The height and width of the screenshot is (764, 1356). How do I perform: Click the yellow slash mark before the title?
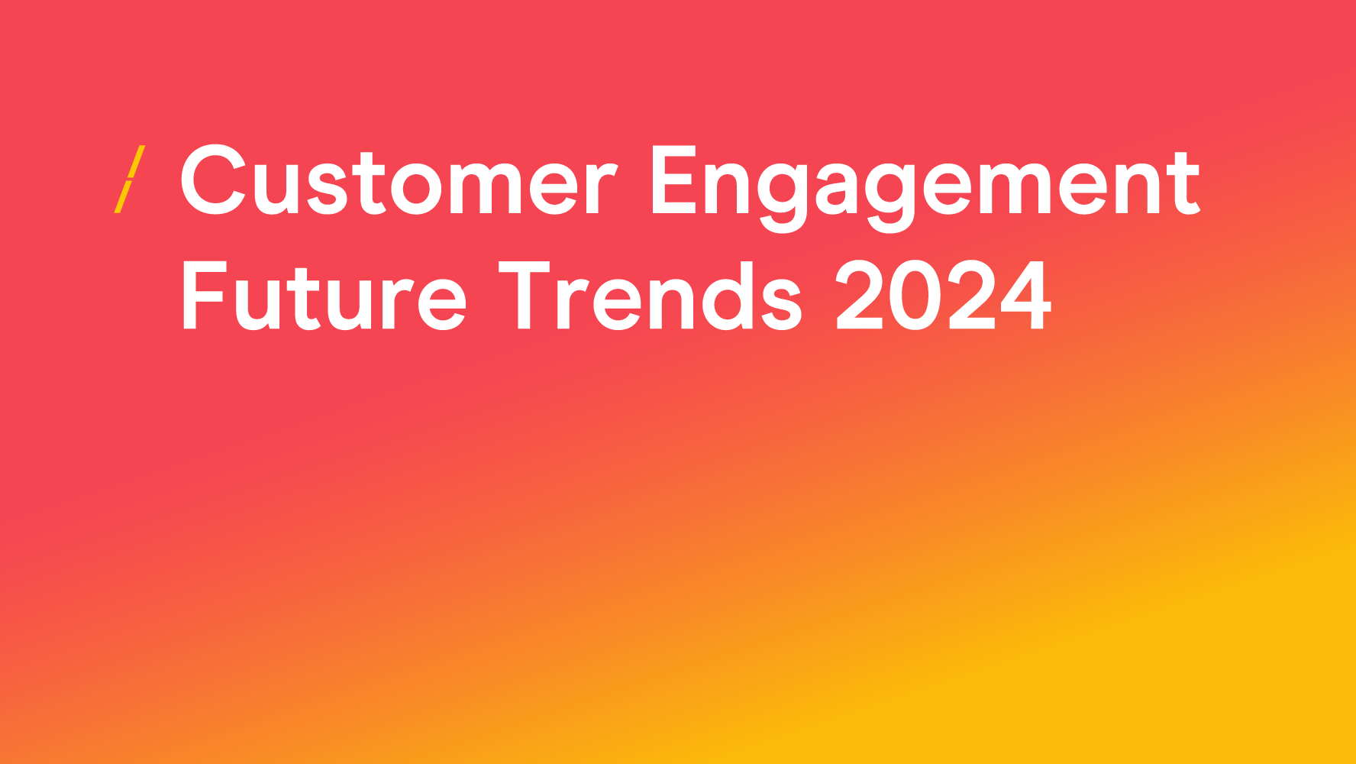(129, 179)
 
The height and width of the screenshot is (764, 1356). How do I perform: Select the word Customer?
(398, 180)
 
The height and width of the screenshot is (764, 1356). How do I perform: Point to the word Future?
(324, 296)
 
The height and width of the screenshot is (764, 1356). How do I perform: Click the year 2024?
(944, 295)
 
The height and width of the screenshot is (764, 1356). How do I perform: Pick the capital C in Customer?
(213, 180)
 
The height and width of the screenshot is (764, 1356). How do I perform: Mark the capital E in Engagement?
(674, 180)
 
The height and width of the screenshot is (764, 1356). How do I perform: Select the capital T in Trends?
(525, 295)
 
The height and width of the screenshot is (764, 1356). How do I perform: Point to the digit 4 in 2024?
(1025, 295)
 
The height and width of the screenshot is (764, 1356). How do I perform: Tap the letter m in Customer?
(493, 189)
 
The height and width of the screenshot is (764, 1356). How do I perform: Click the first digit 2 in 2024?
(860, 295)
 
